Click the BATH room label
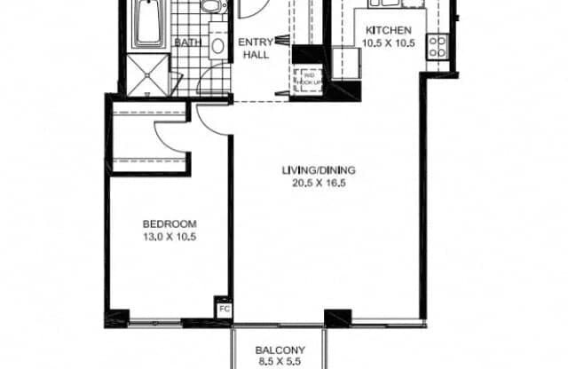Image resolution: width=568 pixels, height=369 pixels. click(x=187, y=42)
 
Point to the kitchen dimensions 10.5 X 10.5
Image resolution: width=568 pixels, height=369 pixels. click(x=388, y=41)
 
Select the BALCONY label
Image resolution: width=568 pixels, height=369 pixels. click(x=280, y=349)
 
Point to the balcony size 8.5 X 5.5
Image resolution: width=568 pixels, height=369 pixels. click(x=280, y=362)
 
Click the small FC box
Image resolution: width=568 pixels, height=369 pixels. click(x=224, y=310)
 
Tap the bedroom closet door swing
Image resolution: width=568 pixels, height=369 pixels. click(x=169, y=136)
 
